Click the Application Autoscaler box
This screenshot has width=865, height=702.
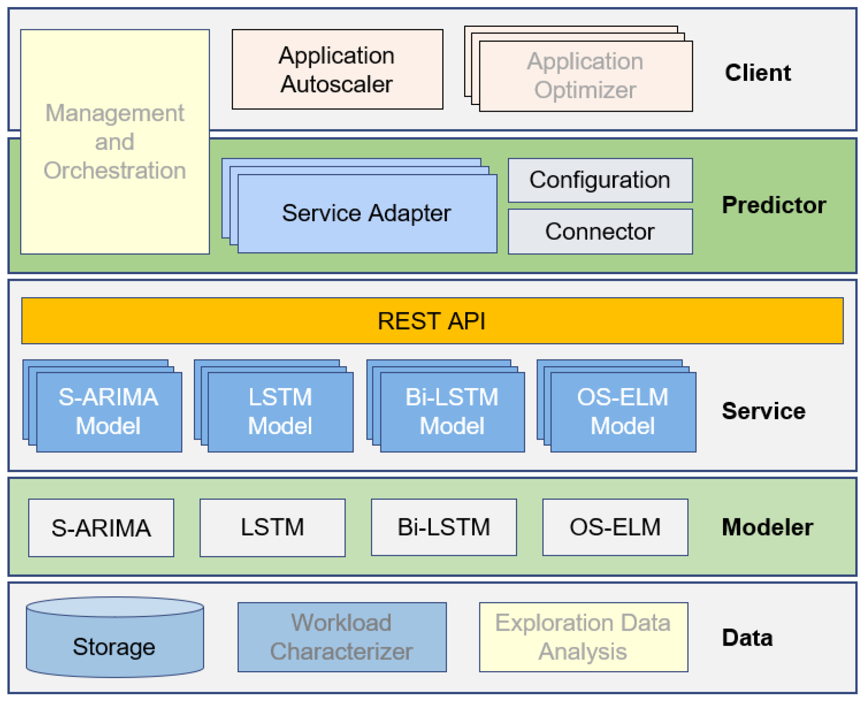[337, 69]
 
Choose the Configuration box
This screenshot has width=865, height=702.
[600, 180]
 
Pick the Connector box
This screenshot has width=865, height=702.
[600, 231]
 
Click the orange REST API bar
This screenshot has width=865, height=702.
[432, 321]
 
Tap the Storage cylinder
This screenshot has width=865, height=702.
[115, 637]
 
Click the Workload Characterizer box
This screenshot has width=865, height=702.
[342, 637]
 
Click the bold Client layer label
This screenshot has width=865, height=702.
[758, 73]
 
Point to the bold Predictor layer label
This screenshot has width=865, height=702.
[774, 205]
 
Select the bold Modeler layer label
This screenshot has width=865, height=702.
[767, 527]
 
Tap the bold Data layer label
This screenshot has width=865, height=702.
[747, 638]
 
